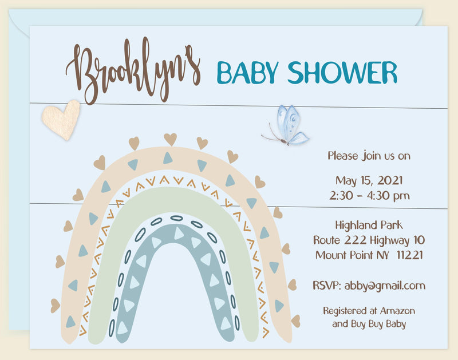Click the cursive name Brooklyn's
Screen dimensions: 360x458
(133, 71)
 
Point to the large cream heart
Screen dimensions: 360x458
(62, 119)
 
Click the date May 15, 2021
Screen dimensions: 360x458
(369, 180)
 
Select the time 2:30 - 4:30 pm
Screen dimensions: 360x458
(369, 195)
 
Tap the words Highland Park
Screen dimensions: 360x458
(369, 224)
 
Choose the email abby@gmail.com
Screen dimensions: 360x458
(385, 285)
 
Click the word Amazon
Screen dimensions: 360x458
(397, 311)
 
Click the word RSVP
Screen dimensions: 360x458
(326, 285)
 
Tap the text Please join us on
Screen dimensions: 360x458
(369, 155)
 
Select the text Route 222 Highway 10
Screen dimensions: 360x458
(369, 239)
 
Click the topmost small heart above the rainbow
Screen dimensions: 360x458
(170, 139)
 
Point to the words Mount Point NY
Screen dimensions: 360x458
(347, 255)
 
